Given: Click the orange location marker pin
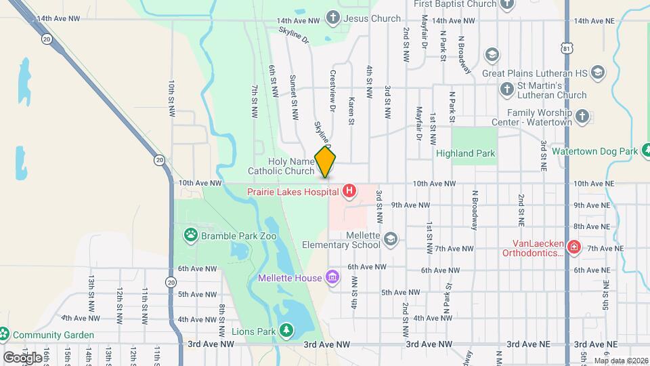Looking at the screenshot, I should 326,161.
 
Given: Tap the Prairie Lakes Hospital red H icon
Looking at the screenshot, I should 349,192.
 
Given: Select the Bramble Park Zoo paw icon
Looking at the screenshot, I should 190,235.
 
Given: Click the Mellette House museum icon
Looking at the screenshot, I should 332,277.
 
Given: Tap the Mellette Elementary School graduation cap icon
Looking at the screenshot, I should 391,239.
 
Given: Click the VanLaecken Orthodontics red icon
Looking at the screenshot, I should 574,247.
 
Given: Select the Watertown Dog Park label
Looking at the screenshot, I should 594,150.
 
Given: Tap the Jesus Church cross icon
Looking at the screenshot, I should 333,17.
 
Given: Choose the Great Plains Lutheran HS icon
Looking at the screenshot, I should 598,72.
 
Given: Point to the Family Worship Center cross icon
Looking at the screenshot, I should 582,118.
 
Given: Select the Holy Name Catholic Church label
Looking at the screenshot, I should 291,166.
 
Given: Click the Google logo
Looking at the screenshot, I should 22,357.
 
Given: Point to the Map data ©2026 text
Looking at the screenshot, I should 620,361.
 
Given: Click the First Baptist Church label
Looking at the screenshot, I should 455,4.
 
